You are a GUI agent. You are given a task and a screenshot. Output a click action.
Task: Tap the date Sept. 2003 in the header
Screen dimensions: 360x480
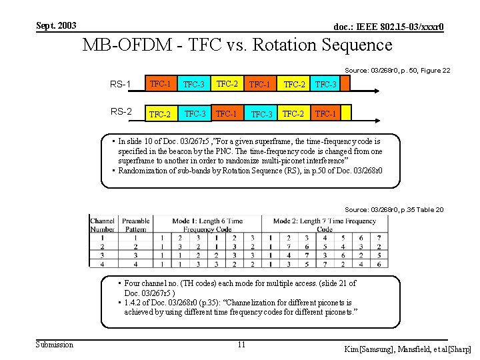(x=56, y=26)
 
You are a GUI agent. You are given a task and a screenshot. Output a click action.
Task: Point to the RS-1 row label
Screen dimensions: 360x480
(x=120, y=84)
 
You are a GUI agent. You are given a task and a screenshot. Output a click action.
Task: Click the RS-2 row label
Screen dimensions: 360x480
(x=120, y=111)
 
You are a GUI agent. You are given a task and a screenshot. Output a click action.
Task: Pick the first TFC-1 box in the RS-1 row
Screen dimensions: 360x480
(x=160, y=84)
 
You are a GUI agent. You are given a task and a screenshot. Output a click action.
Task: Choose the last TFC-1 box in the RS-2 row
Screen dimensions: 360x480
(x=326, y=113)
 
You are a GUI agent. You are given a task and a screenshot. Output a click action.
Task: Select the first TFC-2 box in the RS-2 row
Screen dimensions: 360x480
(x=160, y=114)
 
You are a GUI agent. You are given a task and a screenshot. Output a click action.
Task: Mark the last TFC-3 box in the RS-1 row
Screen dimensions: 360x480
(x=326, y=85)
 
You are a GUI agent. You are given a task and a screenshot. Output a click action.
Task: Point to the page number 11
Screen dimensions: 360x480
(x=241, y=345)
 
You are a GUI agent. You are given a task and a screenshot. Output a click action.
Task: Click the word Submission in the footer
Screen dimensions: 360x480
(x=55, y=344)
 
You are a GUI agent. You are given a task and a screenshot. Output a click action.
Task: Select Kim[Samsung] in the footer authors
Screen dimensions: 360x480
(x=369, y=349)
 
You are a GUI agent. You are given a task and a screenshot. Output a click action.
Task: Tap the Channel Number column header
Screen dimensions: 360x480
(x=103, y=225)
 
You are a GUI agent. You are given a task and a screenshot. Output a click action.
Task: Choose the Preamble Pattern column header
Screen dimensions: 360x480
(x=136, y=225)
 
